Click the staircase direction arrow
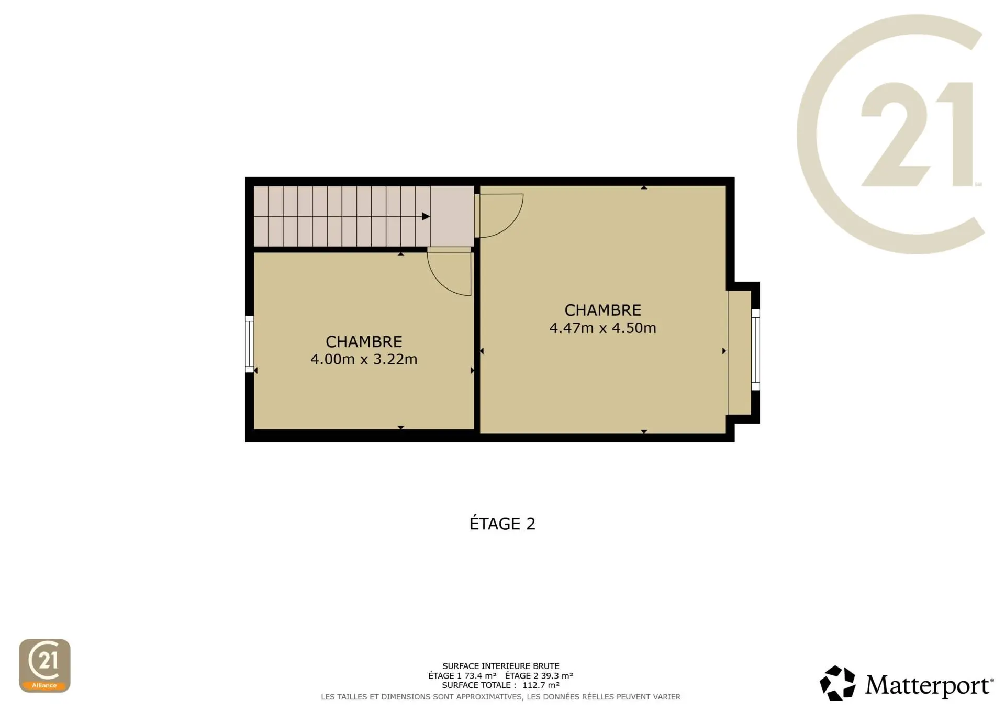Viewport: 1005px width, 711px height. coord(426,216)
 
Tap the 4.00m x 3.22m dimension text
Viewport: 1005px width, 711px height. coord(364,359)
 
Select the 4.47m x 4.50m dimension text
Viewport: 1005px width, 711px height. coord(602,328)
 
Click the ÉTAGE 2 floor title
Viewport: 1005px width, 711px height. coord(502,524)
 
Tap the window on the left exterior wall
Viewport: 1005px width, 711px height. coord(250,344)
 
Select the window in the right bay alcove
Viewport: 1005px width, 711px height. coord(755,350)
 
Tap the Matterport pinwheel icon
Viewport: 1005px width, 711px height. coord(837,683)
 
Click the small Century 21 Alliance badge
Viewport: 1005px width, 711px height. coord(44,665)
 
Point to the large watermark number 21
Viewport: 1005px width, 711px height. coord(917,135)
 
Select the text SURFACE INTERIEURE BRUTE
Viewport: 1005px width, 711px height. coord(501,666)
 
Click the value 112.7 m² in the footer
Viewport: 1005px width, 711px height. coord(541,685)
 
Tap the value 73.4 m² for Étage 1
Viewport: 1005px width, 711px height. coord(480,675)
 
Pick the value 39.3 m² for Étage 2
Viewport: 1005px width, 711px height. coord(557,675)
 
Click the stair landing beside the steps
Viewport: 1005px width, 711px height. coord(452,216)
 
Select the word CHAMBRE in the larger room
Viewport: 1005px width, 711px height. coord(602,310)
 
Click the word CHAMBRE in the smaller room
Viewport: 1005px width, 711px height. coord(364,342)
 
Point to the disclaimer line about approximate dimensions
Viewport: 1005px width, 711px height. coord(501,697)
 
